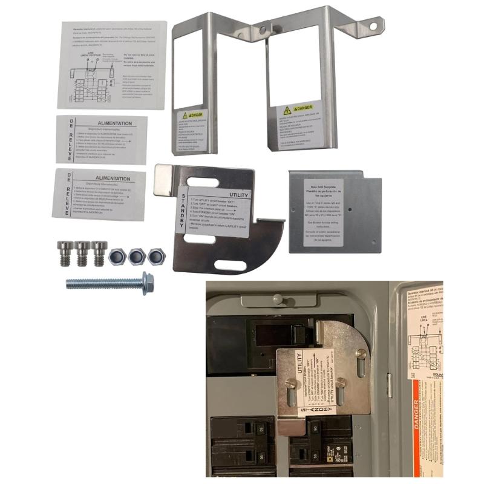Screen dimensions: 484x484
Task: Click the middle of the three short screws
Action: click(82, 253)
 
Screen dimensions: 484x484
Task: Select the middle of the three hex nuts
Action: click(137, 256)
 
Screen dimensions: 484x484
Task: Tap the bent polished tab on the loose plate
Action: click(163, 180)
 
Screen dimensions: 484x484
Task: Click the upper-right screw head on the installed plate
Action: click(361, 355)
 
